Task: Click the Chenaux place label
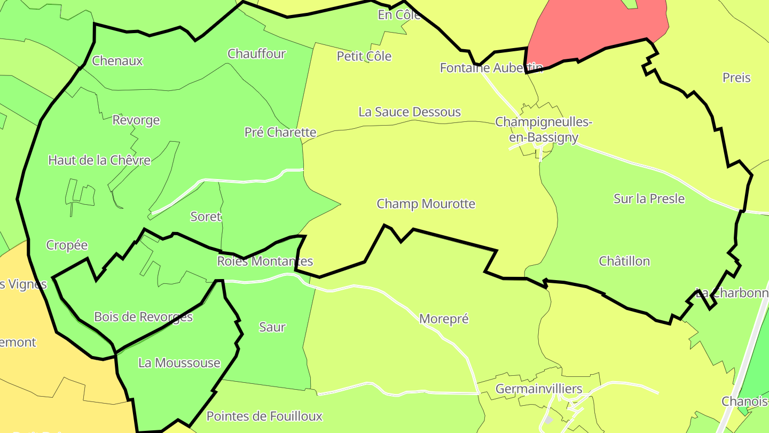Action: tap(117, 61)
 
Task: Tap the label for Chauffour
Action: tap(256, 54)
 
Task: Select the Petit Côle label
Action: tap(364, 57)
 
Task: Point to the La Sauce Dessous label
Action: tap(410, 112)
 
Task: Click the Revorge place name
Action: tap(136, 120)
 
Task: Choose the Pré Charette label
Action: tap(280, 133)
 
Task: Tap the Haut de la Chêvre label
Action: tap(99, 160)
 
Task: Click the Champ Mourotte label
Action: tap(426, 204)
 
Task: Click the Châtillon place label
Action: tap(624, 261)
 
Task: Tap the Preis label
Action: tap(736, 78)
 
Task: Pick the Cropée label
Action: tap(67, 245)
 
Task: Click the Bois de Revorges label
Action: tap(143, 317)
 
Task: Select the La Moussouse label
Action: tap(179, 363)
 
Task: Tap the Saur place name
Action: tap(272, 327)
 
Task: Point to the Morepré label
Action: tap(444, 319)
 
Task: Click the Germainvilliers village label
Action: tap(539, 389)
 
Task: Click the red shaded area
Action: tap(593, 27)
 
